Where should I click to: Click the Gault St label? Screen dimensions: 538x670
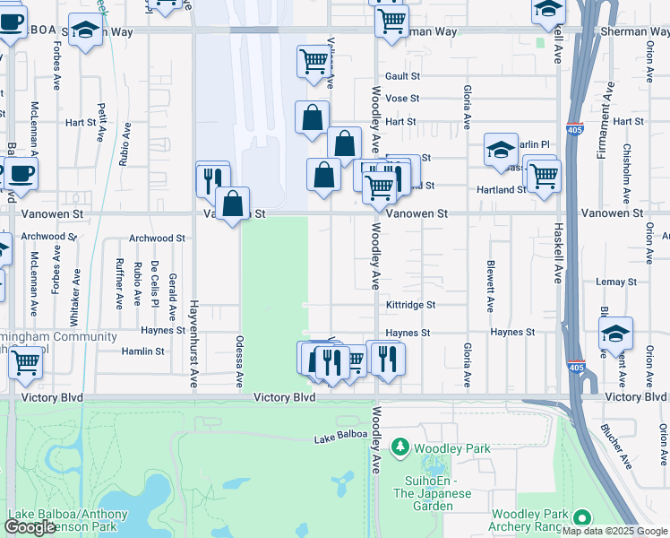pyautogui.click(x=402, y=77)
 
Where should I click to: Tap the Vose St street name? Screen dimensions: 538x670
pyautogui.click(x=402, y=99)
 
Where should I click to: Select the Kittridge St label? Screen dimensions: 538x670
pyautogui.click(x=410, y=305)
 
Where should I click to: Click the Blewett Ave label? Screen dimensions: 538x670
pyautogui.click(x=490, y=286)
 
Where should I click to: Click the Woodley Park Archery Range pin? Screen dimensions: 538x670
pyautogui.click(x=582, y=517)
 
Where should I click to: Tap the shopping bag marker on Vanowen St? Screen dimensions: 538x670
pyautogui.click(x=233, y=204)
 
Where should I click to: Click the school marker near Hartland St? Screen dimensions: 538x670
pyautogui.click(x=501, y=151)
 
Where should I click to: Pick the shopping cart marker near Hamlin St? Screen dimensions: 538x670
pyautogui.click(x=26, y=363)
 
